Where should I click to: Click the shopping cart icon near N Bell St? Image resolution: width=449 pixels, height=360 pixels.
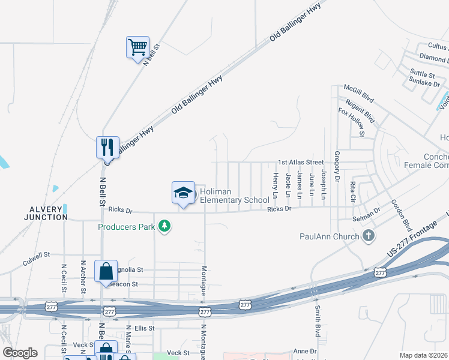pyautogui.click(x=137, y=47)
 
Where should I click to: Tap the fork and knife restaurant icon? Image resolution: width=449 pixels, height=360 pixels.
pyautogui.click(x=107, y=146)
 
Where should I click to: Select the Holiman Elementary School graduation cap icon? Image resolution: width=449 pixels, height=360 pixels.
pyautogui.click(x=183, y=193)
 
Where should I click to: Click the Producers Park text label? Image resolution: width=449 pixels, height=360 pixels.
pyautogui.click(x=127, y=227)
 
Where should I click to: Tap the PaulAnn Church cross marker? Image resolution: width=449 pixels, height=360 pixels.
pyautogui.click(x=369, y=236)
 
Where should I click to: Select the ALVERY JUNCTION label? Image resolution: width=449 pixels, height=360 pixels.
pyautogui.click(x=46, y=212)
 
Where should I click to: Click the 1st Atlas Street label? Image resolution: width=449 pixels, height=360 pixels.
pyautogui.click(x=301, y=162)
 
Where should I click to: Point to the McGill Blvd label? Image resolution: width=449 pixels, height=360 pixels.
pyautogui.click(x=359, y=94)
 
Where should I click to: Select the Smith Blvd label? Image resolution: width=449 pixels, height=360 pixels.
pyautogui.click(x=317, y=321)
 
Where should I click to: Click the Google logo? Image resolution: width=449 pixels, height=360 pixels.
pyautogui.click(x=20, y=353)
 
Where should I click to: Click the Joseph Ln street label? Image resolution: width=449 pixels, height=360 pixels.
pyautogui.click(x=324, y=184)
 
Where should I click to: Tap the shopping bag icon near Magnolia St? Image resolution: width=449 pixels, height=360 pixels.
pyautogui.click(x=106, y=271)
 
